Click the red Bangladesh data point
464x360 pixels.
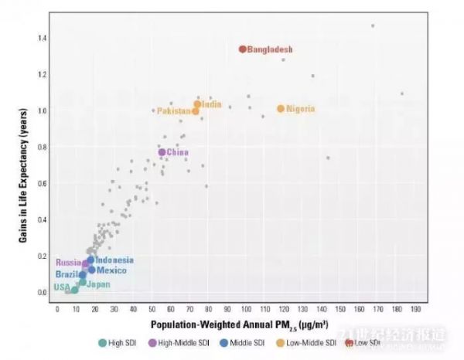[x=242, y=49]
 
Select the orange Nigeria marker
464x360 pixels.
[x=281, y=109]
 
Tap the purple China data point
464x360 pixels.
[x=162, y=152]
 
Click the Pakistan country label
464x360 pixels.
[x=174, y=111]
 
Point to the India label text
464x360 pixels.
[x=212, y=104]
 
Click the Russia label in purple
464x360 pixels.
[x=68, y=263]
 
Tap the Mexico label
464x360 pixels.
[x=111, y=270]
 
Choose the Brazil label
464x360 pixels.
[x=66, y=275]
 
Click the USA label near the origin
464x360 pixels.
[x=62, y=287]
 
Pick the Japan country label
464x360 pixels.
[x=98, y=284]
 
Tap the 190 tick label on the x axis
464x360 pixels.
[x=415, y=308]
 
